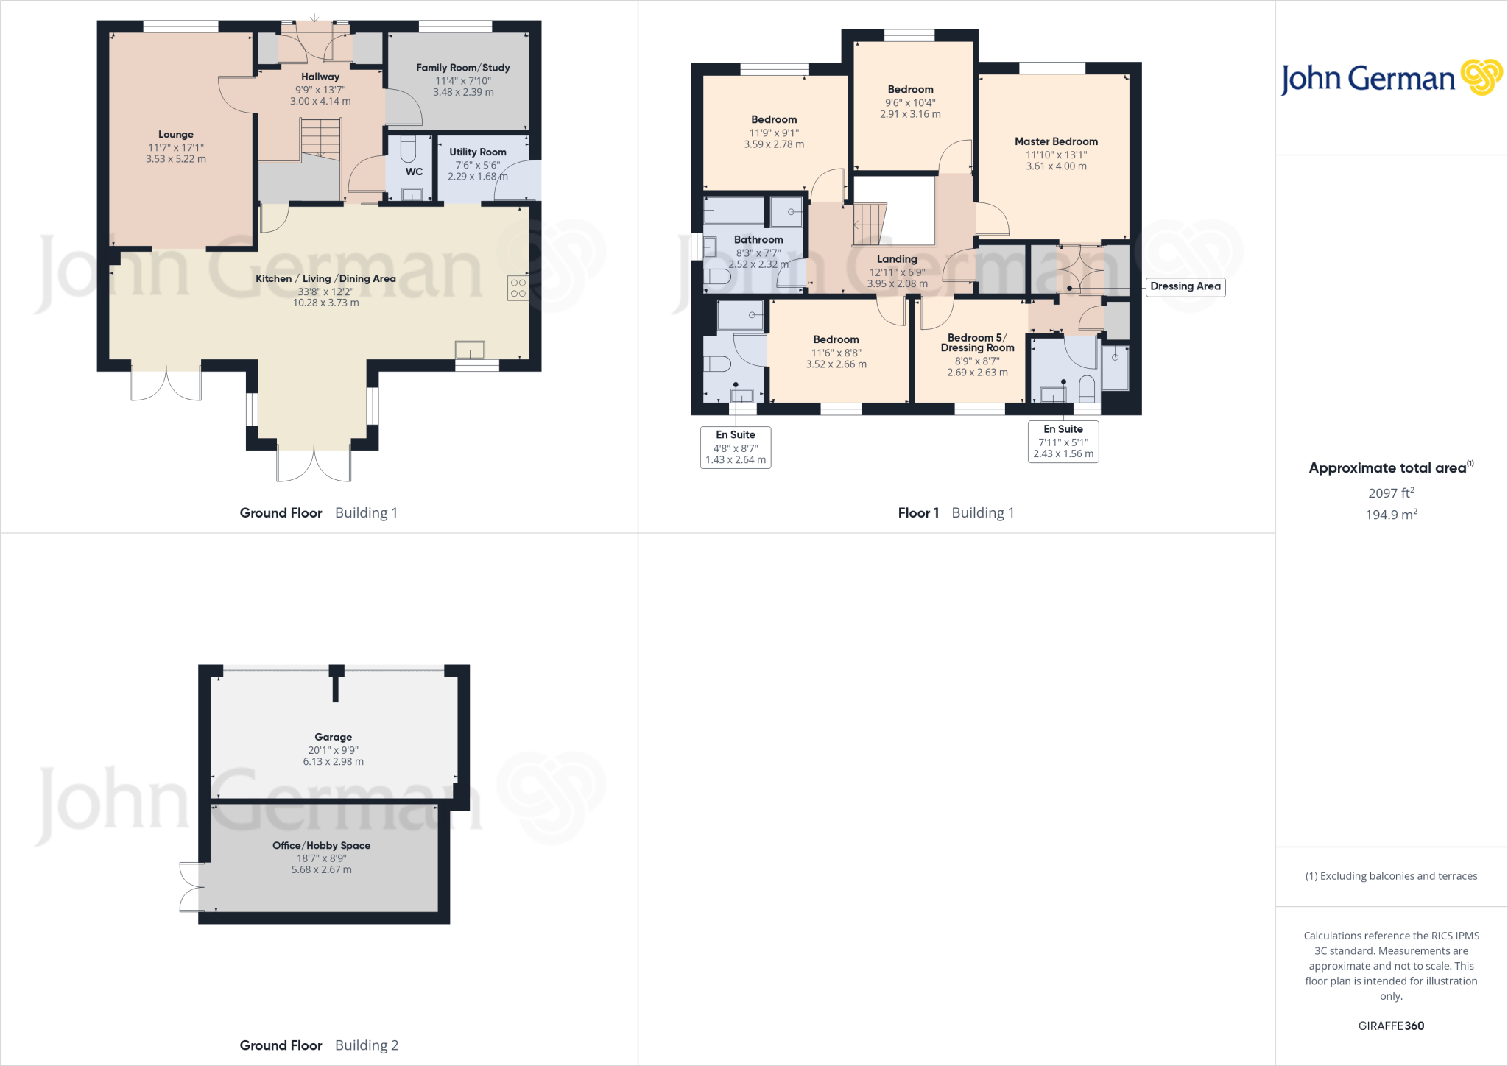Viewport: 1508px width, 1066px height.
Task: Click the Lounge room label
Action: coord(175,135)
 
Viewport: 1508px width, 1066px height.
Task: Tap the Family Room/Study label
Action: coord(462,68)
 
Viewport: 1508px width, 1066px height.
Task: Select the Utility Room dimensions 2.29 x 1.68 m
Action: coord(477,177)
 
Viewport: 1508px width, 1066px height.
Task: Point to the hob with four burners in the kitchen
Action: coord(518,288)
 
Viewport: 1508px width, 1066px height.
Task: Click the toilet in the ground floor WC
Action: coord(408,150)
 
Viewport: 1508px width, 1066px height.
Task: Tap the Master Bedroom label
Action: coord(1056,141)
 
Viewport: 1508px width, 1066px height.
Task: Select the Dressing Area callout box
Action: coord(1185,286)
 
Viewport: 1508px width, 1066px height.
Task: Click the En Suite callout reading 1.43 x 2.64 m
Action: coord(735,448)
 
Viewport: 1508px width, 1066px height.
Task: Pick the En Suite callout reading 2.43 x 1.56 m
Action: coord(1063,442)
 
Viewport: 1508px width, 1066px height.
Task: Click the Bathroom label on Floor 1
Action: coord(758,240)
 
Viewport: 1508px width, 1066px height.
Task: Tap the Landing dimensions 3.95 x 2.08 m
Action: coord(897,283)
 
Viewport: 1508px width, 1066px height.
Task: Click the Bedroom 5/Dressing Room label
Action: coord(977,342)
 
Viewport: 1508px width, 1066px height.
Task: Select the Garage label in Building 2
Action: coord(333,737)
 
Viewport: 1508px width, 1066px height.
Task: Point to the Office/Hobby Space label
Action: coord(321,845)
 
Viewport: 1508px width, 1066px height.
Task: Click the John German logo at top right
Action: coord(1390,78)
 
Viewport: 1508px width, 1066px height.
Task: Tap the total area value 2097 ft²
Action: coord(1390,493)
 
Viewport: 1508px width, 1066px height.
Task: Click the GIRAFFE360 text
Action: coord(1390,1026)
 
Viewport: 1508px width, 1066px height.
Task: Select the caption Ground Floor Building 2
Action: coord(319,1045)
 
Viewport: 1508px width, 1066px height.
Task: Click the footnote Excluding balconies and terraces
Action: coord(1391,876)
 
